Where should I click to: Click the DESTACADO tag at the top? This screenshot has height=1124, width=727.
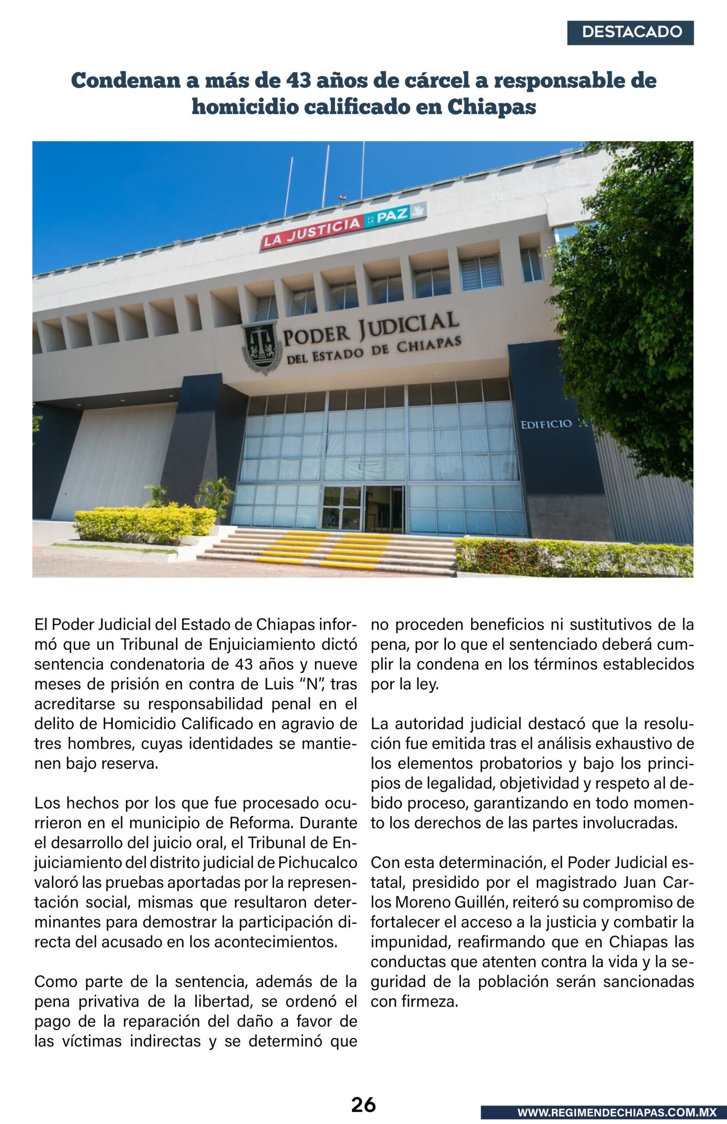(x=630, y=33)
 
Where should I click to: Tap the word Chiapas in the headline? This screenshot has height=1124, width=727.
(x=492, y=107)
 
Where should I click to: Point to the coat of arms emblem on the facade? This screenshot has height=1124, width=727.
(x=261, y=347)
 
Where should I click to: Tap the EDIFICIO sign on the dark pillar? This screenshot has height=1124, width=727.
(x=546, y=425)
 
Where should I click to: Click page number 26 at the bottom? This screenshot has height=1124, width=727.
(x=363, y=1105)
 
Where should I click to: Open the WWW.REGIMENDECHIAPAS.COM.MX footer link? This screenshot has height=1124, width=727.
(x=617, y=1113)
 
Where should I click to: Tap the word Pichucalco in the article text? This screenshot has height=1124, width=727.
(x=317, y=863)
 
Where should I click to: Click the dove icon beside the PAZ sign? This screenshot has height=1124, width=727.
(x=417, y=211)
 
